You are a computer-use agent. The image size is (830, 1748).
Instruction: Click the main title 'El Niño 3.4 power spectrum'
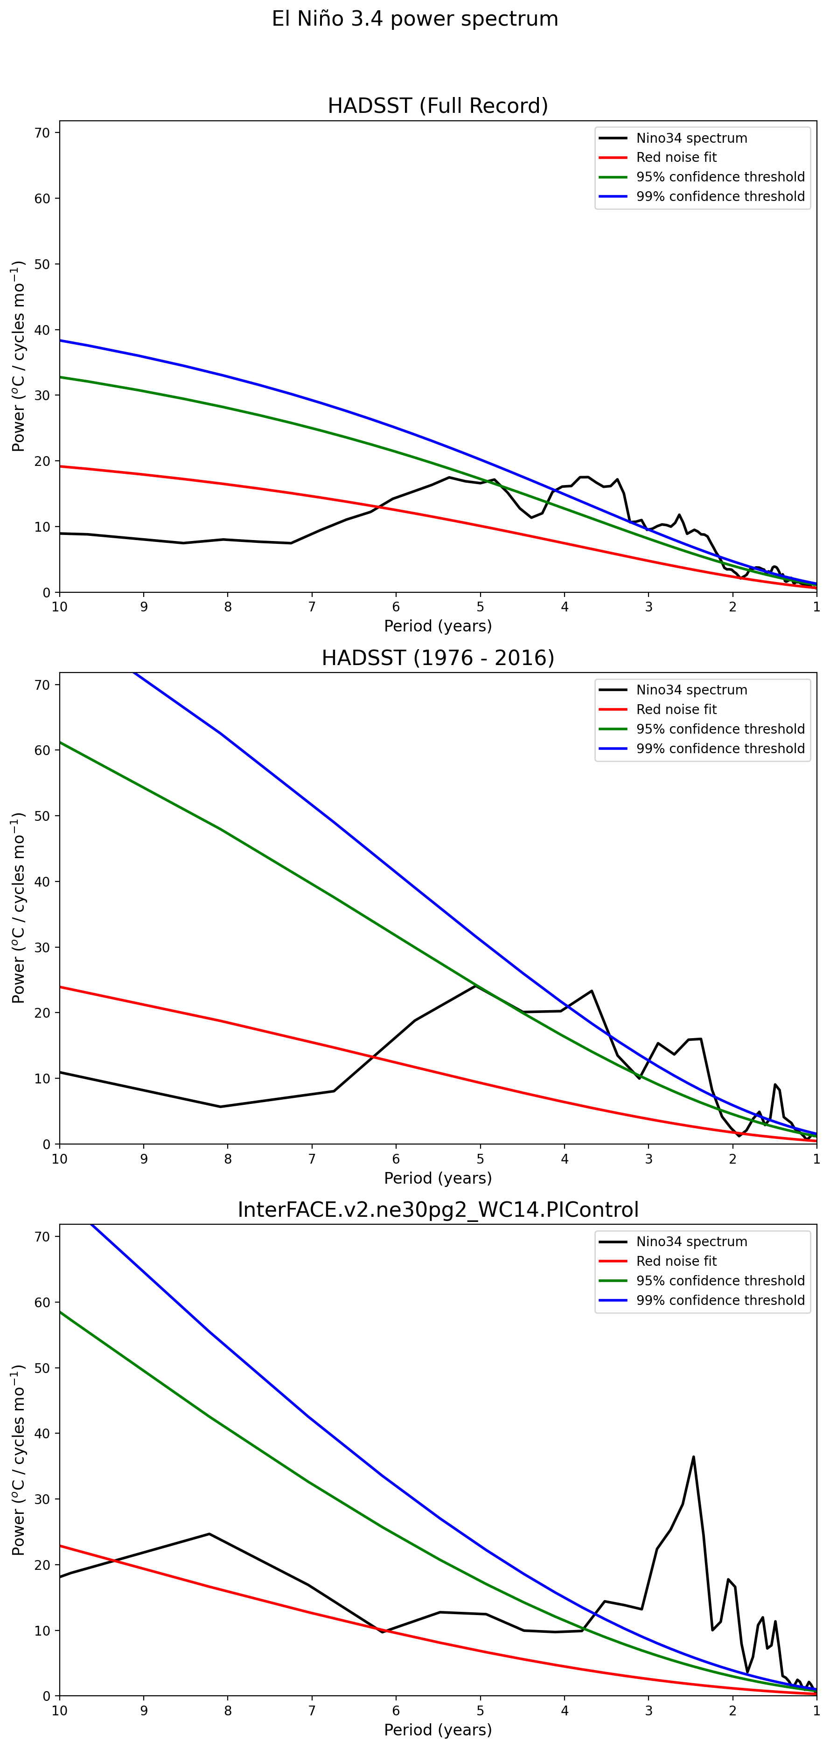point(415,19)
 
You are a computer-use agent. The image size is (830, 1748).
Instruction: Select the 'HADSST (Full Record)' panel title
point(438,106)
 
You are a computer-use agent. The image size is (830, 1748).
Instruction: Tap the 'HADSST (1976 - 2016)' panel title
point(438,658)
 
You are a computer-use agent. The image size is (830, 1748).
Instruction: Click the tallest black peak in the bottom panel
point(693,1457)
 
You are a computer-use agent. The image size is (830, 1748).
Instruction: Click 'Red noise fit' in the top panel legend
point(676,158)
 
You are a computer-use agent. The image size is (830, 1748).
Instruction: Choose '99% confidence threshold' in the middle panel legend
point(720,749)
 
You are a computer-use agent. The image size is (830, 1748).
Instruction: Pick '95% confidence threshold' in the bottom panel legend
point(720,1281)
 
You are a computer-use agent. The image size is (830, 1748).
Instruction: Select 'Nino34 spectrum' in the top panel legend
point(691,138)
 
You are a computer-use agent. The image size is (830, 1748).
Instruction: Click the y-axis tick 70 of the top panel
point(42,133)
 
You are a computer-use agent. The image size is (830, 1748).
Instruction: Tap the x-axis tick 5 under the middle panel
point(480,1159)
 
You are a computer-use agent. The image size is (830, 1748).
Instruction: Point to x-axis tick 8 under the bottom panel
point(228,1711)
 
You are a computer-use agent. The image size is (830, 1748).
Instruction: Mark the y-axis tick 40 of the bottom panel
point(42,1433)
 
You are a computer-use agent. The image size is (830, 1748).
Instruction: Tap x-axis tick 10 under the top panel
point(60,607)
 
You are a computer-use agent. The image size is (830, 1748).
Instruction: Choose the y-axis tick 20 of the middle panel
point(42,1013)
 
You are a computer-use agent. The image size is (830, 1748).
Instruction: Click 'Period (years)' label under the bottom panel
point(438,1730)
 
